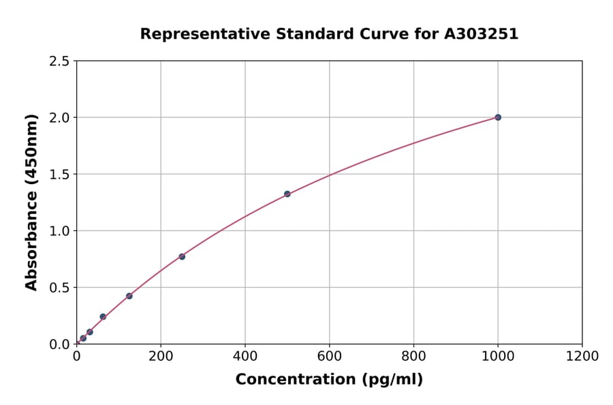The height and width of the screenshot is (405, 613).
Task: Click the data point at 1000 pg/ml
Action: click(498, 117)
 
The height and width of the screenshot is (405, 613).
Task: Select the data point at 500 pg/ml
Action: click(287, 194)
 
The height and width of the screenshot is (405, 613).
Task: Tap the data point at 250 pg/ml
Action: click(182, 256)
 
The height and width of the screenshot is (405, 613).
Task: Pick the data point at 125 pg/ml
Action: click(129, 296)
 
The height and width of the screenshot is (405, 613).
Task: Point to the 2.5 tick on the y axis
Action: click(60, 61)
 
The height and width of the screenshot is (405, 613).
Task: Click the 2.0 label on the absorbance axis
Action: click(60, 118)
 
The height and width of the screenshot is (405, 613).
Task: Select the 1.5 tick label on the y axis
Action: click(60, 175)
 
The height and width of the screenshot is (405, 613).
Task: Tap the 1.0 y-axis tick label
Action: click(60, 231)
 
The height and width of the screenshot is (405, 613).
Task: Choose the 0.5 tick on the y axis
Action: click(60, 288)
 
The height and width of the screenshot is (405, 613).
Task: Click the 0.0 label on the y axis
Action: click(60, 344)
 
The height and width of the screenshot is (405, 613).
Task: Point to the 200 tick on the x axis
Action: click(161, 356)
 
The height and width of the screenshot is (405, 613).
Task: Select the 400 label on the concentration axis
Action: click(245, 356)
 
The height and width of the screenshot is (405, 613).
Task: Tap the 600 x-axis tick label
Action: click(330, 356)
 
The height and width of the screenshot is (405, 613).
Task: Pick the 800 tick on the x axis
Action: click(413, 356)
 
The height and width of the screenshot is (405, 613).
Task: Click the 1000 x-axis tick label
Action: click(498, 356)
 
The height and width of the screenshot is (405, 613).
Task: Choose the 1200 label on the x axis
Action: click(582, 356)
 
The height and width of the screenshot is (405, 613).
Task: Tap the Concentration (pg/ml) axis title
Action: click(329, 380)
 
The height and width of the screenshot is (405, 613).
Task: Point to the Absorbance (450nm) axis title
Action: click(31, 202)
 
